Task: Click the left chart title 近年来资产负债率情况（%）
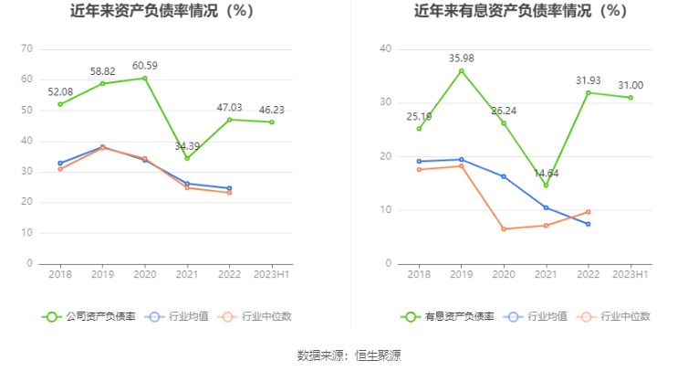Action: (161, 12)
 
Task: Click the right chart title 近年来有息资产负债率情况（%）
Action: (520, 12)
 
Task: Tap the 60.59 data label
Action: (145, 65)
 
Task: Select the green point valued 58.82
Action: (102, 83)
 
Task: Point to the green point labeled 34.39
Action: (187, 158)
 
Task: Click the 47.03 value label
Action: (229, 107)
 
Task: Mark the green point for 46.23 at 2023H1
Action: (272, 122)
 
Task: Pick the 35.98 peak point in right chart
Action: (461, 70)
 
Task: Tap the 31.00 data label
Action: (630, 85)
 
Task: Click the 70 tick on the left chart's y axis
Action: (27, 48)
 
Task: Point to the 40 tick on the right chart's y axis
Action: (385, 48)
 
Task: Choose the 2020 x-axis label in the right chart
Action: (503, 274)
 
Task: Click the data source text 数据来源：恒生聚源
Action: (349, 355)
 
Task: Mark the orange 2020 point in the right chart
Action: (503, 228)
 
